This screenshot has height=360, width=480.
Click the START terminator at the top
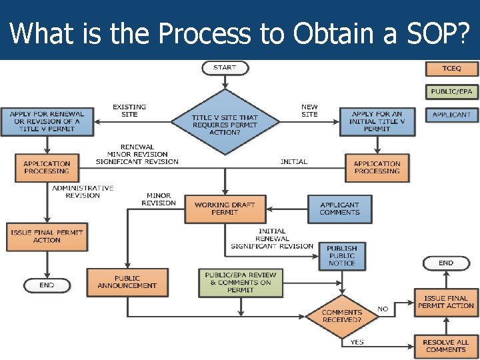(225, 68)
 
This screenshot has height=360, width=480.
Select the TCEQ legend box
(451, 69)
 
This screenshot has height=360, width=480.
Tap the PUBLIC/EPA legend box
(451, 91)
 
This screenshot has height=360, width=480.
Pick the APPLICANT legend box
(451, 115)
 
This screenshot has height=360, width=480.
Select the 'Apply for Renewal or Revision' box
(46, 121)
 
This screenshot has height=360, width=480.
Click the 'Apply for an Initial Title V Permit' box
(377, 121)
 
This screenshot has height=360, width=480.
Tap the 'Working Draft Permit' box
(225, 209)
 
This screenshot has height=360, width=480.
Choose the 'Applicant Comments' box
(339, 209)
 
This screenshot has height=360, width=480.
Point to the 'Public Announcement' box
(127, 283)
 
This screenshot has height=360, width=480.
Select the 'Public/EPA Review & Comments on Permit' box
(241, 282)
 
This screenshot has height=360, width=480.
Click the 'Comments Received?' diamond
(342, 315)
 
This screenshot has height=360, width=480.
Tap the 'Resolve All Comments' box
(445, 346)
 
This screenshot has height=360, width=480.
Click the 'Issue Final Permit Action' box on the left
(47, 237)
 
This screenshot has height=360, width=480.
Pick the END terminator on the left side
(47, 285)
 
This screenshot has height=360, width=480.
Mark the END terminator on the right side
(445, 263)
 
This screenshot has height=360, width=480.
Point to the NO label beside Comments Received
(383, 309)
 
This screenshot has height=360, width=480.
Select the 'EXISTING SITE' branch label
(129, 111)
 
